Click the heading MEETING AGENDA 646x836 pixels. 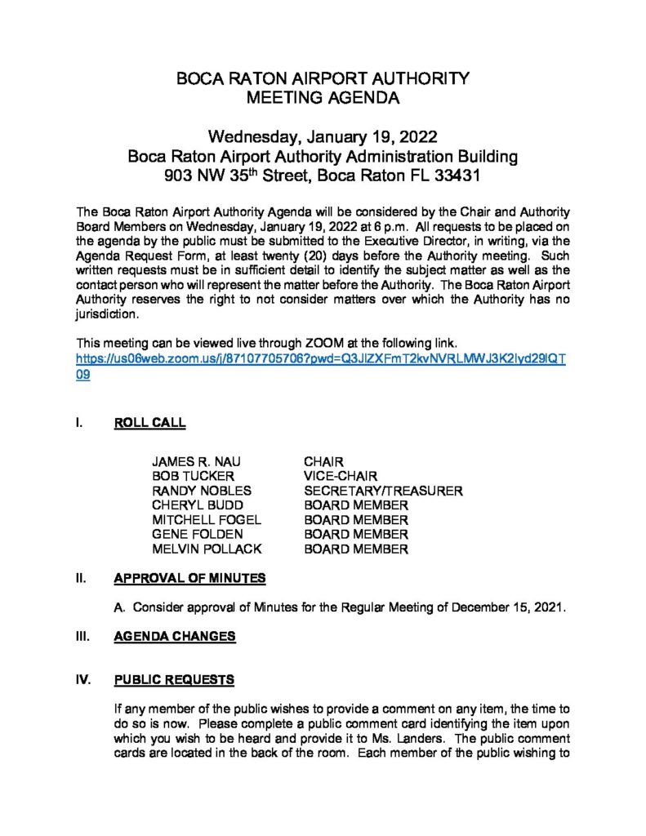click(x=323, y=100)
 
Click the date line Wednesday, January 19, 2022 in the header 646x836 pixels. click(x=323, y=136)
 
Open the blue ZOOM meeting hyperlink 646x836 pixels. click(x=321, y=359)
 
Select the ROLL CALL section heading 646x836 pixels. click(x=150, y=423)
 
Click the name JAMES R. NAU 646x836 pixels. click(x=196, y=462)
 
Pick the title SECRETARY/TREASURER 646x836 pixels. click(x=383, y=491)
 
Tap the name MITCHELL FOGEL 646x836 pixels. click(x=207, y=521)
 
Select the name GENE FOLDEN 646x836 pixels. click(x=198, y=535)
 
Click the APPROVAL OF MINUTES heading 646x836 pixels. click(x=190, y=579)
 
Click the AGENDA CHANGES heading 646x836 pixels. click(x=175, y=637)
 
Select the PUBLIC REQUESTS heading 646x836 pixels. click(x=174, y=679)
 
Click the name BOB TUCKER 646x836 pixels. click(x=193, y=477)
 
